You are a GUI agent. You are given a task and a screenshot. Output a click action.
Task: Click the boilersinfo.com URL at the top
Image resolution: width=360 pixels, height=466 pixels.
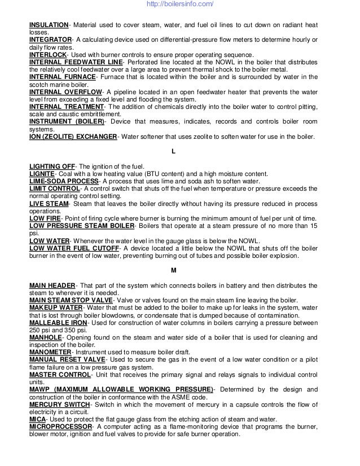(x=179, y=5)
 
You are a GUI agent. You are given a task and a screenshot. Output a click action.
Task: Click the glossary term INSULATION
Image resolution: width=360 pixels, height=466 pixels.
(x=49, y=25)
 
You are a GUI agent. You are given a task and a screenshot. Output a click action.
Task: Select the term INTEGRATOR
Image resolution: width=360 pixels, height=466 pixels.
(x=50, y=39)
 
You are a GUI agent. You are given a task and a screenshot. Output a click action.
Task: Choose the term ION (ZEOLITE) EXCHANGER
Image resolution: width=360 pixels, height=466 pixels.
(x=73, y=137)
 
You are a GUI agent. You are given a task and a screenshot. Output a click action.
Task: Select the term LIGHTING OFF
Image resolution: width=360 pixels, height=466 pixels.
(x=51, y=166)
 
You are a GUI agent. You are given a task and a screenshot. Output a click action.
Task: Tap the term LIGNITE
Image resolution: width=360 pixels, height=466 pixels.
(x=42, y=174)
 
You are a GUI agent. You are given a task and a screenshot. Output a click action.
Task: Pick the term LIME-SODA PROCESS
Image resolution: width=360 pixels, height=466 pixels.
(x=64, y=181)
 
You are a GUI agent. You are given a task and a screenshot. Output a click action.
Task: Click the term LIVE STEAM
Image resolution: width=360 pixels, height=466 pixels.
(x=49, y=203)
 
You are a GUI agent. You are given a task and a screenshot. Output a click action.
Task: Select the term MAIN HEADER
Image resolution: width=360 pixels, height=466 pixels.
(x=51, y=284)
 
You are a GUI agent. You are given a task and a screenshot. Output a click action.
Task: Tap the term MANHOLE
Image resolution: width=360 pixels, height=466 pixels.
(x=46, y=336)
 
